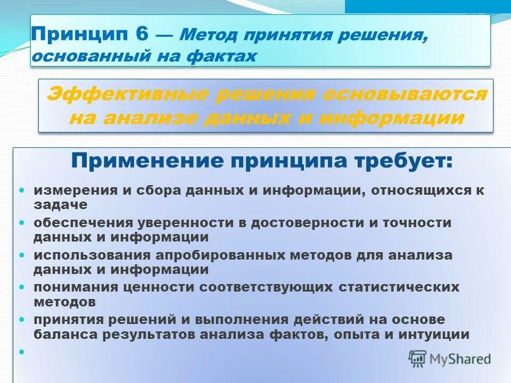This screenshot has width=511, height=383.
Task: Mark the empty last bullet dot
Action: [x=22, y=351]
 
